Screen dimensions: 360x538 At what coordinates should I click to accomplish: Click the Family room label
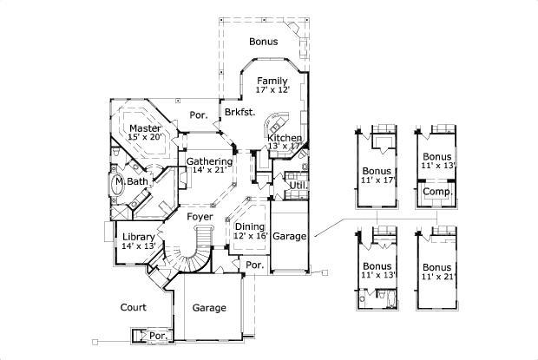click(x=272, y=81)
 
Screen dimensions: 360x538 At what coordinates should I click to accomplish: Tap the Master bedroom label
click(x=146, y=128)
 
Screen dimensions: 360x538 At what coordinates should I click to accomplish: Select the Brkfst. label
click(x=239, y=113)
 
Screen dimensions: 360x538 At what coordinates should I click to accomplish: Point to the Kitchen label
click(x=284, y=138)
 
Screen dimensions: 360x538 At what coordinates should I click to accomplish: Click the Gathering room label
click(x=209, y=161)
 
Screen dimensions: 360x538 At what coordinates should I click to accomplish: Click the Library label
click(x=138, y=236)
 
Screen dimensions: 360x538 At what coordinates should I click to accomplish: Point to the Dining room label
click(x=250, y=226)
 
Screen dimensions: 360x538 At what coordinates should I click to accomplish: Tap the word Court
click(x=132, y=307)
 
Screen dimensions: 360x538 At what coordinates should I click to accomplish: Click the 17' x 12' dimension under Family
click(x=272, y=90)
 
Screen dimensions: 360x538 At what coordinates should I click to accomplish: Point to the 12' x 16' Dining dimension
click(x=251, y=236)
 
